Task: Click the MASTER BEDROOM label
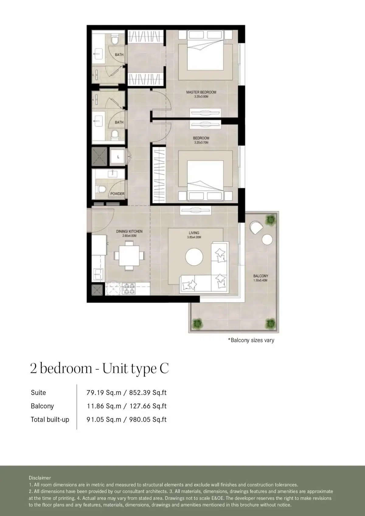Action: click(201, 92)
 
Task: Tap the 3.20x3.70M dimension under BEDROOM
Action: click(201, 142)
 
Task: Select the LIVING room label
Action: click(194, 233)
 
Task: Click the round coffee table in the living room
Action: click(194, 257)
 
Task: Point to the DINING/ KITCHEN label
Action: click(129, 231)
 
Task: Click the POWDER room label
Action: click(117, 194)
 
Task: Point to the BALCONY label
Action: click(261, 276)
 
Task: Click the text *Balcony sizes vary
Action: click(251, 340)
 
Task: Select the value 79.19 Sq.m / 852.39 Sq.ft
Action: click(126, 393)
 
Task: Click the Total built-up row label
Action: click(50, 419)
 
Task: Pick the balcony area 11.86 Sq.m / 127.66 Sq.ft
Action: click(126, 406)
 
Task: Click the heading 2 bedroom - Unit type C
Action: click(99, 369)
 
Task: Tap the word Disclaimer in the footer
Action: click(40, 478)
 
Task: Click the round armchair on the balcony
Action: click(256, 228)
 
